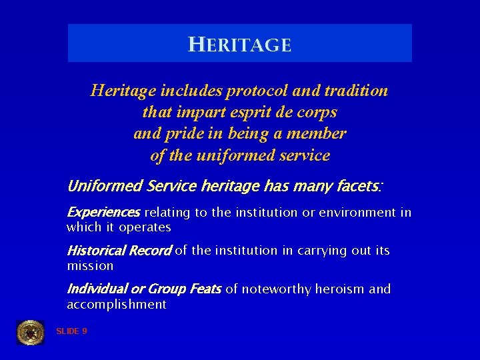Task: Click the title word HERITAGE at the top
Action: click(x=240, y=45)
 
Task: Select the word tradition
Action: click(x=355, y=91)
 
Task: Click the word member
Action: click(x=318, y=134)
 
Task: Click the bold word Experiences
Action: click(x=103, y=213)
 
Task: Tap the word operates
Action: click(x=145, y=227)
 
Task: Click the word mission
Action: click(x=90, y=266)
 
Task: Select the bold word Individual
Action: click(x=97, y=289)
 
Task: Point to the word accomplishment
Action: click(x=116, y=305)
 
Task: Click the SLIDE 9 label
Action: click(x=71, y=331)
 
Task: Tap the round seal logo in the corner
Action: click(x=30, y=332)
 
